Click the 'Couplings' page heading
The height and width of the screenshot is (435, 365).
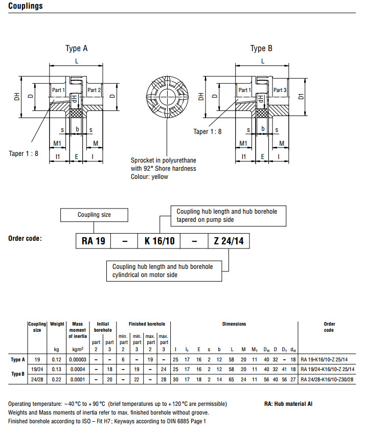26,7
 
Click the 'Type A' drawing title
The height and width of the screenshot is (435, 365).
76,49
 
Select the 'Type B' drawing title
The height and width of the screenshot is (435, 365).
261,49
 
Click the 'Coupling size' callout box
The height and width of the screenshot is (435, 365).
94,215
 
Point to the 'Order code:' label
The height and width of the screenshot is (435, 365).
25,239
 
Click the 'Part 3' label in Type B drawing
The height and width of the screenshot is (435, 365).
280,90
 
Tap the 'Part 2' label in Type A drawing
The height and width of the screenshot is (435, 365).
94,90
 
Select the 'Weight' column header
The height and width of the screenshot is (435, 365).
57,324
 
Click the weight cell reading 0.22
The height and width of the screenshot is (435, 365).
57,379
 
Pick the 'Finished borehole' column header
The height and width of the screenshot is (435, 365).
146,324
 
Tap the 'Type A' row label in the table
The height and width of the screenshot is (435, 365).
18,360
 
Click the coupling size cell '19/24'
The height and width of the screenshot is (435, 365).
37,369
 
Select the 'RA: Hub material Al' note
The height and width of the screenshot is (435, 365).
286,404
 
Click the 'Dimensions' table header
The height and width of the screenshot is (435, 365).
234,324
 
